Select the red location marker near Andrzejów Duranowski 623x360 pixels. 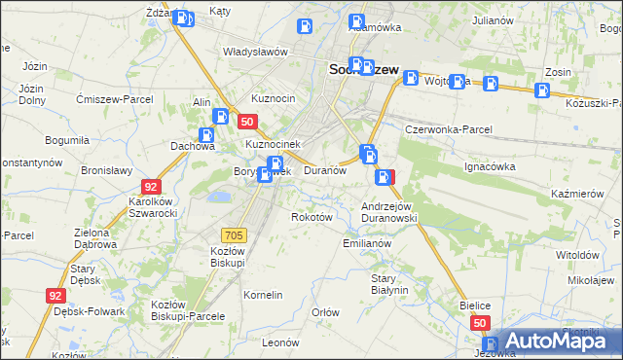(x=386, y=178)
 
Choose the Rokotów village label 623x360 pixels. (x=312, y=217)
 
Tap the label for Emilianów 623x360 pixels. (x=367, y=243)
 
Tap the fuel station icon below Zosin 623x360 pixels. (x=542, y=91)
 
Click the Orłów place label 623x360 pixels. (x=325, y=312)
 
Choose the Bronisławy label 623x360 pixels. (x=106, y=169)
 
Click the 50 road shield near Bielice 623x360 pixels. (x=479, y=322)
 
